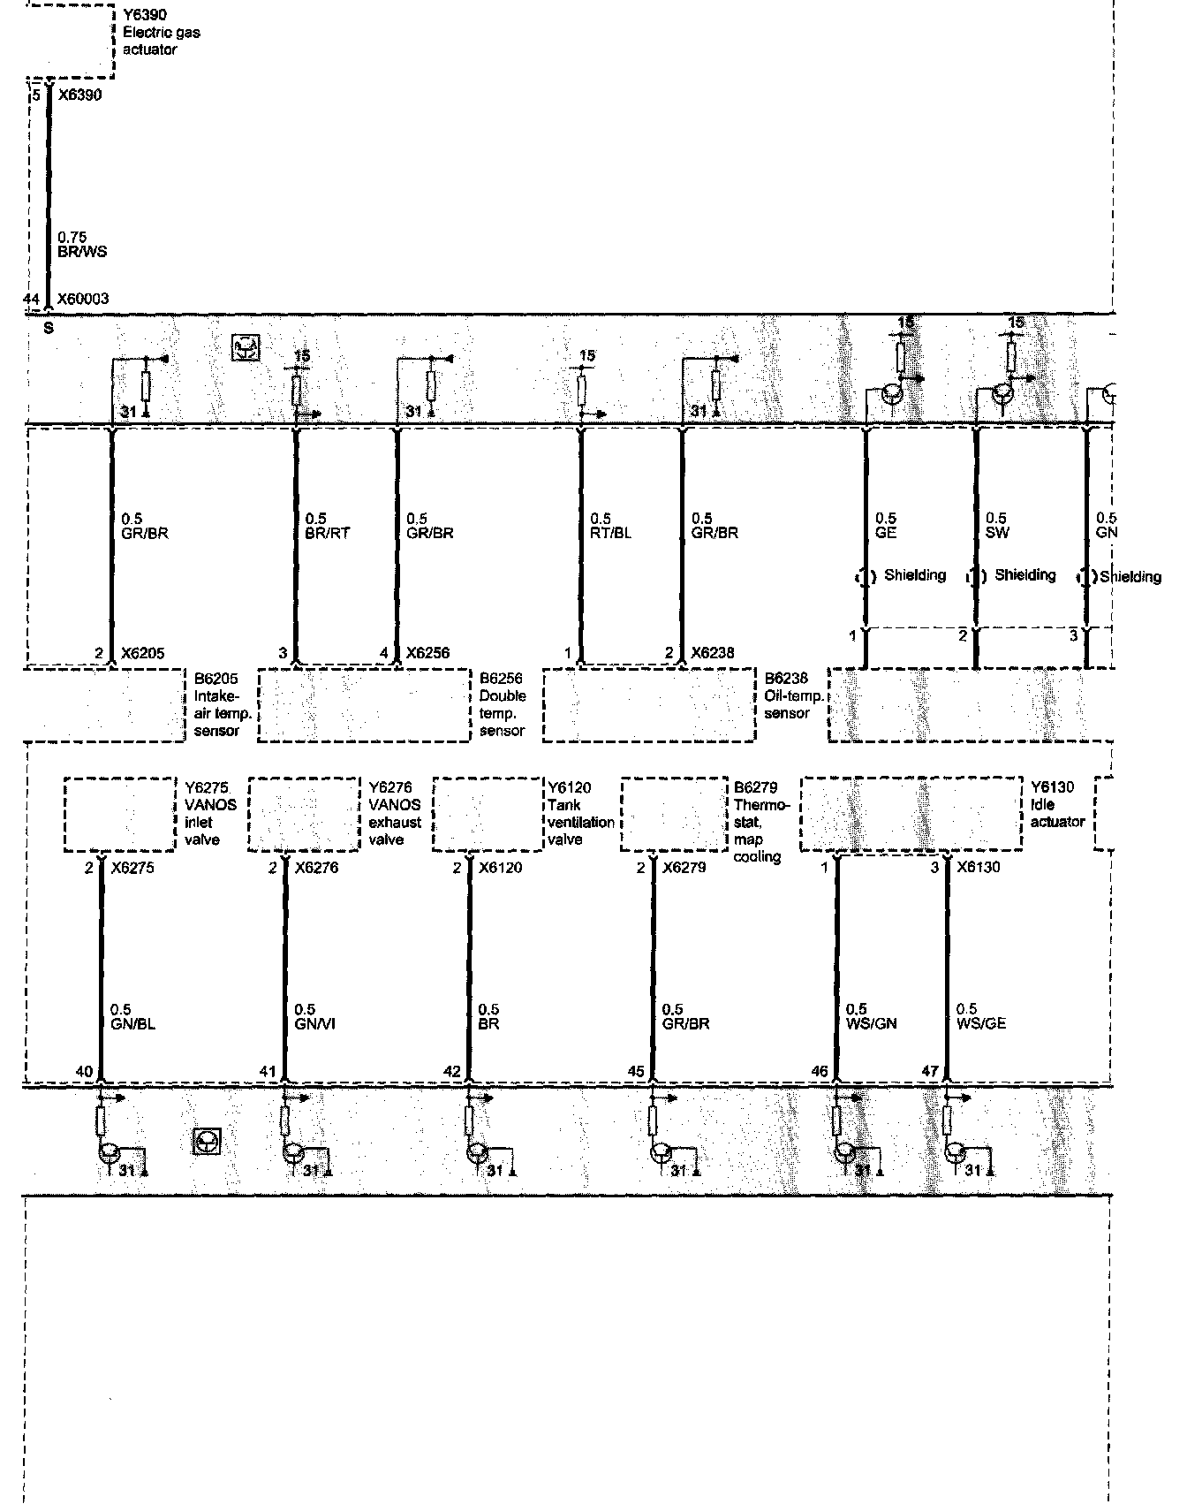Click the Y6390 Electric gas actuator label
(x=161, y=33)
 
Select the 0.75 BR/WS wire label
(x=82, y=245)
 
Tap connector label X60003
(x=83, y=300)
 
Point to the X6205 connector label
(x=142, y=654)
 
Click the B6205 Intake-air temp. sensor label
(x=216, y=705)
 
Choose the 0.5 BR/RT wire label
(x=327, y=527)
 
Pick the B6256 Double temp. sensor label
(x=502, y=705)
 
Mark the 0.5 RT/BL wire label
(x=610, y=527)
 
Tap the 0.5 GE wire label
(x=885, y=527)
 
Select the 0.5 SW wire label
(x=996, y=527)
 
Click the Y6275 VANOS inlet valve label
(x=210, y=814)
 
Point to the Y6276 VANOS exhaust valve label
(x=395, y=814)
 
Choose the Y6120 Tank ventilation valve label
(x=581, y=814)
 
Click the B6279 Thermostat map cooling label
(x=757, y=822)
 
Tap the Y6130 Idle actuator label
(x=1056, y=805)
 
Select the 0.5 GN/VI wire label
(x=314, y=1017)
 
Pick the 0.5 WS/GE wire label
(x=980, y=1017)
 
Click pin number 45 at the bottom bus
(x=636, y=1072)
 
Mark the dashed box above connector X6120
(x=487, y=815)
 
